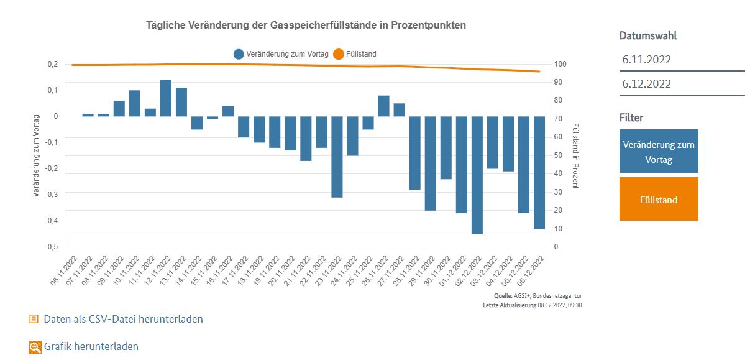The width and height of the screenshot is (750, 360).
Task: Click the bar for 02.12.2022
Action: point(477,175)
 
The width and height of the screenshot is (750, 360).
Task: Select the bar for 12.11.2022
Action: point(166,98)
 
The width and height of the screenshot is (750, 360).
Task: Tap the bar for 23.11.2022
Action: point(337,157)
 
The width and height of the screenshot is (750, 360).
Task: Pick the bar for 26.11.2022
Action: point(383,106)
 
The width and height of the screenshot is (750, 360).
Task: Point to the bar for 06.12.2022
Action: point(539,172)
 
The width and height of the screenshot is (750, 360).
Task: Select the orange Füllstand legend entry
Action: point(355,54)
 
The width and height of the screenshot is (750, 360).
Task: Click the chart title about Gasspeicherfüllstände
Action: point(306,25)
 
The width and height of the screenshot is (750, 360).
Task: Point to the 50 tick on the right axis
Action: point(558,155)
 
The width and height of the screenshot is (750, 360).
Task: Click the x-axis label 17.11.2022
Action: point(237,269)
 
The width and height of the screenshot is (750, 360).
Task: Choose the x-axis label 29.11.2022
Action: point(423,269)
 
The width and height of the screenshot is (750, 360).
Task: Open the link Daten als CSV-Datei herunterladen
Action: point(123,319)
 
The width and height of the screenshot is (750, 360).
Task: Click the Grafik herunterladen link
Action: point(91,346)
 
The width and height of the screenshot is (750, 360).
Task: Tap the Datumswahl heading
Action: point(648,35)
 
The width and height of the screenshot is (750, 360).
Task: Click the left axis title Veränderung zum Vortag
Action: point(36,155)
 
